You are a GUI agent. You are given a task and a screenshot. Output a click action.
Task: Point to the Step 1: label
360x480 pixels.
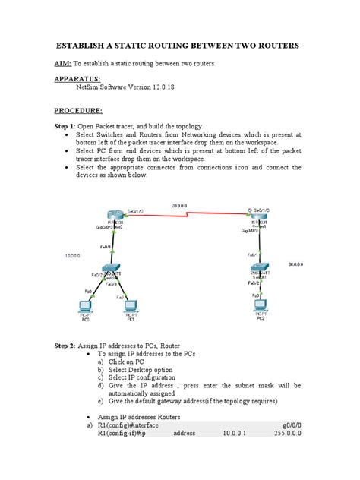66,125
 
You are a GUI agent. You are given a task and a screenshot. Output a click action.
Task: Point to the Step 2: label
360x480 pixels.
66,346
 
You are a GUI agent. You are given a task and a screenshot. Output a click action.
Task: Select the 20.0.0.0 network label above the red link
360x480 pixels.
181,206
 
